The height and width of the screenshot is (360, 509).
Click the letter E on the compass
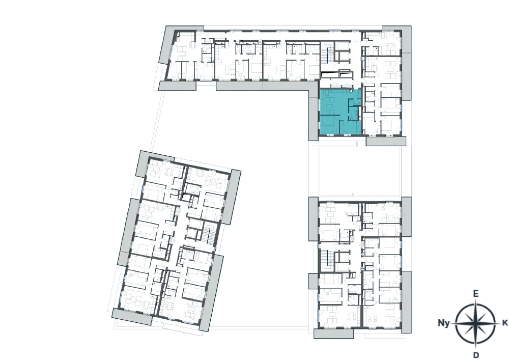(475, 294)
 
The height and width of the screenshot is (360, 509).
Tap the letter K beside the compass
(505, 323)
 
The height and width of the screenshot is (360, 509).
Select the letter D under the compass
(476, 354)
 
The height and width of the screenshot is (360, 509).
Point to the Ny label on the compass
(444, 323)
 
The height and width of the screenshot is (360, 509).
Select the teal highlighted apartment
(340, 112)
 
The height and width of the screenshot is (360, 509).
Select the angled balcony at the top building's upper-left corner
(168, 44)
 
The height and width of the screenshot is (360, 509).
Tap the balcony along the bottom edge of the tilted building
(132, 317)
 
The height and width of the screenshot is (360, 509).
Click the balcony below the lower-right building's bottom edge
(333, 334)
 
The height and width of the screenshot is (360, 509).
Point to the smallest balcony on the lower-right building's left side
(314, 281)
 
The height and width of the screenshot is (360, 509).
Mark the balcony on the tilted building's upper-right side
(232, 197)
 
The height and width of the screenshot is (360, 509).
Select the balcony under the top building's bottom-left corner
(177, 86)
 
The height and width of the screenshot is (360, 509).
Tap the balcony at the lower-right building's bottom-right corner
(406, 302)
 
